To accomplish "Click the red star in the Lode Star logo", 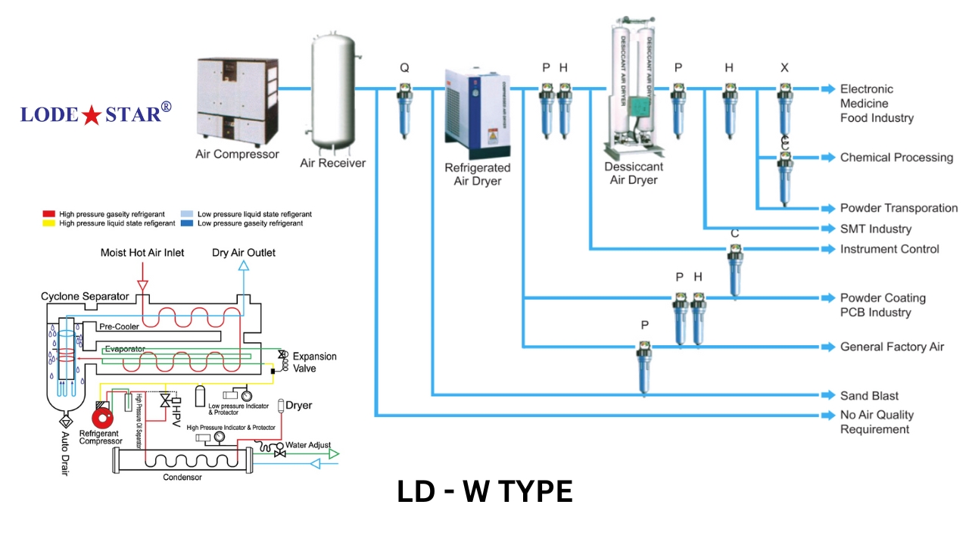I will point(92,115).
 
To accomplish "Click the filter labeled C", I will point(734,272).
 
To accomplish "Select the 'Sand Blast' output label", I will point(870,396).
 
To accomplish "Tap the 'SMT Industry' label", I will point(876,229).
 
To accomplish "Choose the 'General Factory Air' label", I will point(892,347).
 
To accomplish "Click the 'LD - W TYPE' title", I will point(484,492).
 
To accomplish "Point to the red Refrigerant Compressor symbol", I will point(100,419).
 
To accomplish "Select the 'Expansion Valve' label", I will point(314,362).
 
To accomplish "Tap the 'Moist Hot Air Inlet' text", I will point(142,252).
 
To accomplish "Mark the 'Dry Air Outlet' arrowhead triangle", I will point(243,266).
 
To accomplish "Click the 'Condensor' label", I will point(182,477).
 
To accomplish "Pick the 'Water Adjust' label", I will point(307,445).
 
